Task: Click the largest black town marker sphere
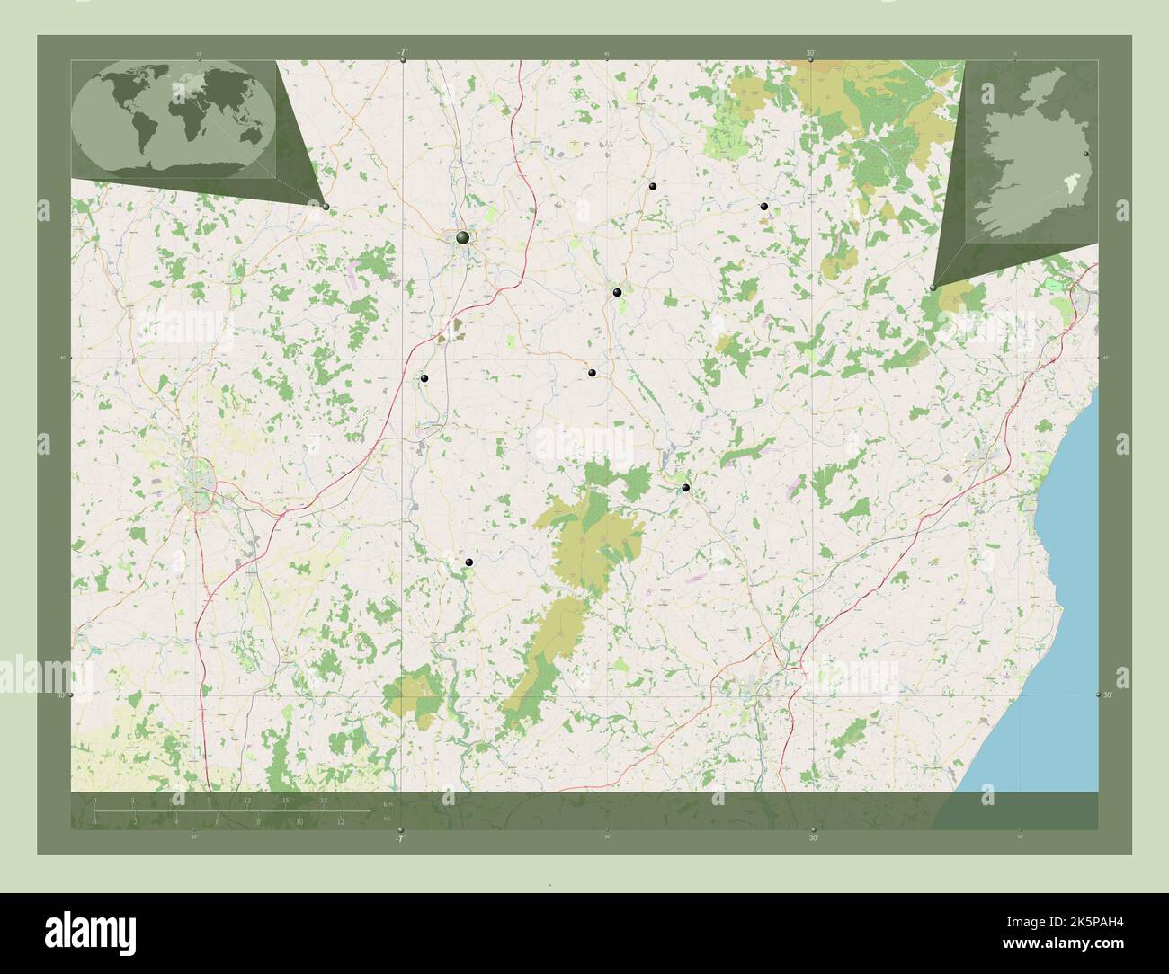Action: pos(462,237)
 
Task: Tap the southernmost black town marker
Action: pos(469,562)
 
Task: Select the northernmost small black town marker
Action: pos(653,186)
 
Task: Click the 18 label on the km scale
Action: pos(324,800)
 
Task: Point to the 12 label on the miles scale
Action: pos(341,821)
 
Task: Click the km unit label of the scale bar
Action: pos(388,803)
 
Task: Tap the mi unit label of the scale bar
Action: pos(387,819)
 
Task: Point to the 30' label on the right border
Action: pos(1108,695)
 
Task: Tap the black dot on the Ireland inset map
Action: pos(1086,155)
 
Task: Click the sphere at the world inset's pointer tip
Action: pos(326,207)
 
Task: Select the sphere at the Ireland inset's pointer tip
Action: pos(933,288)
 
